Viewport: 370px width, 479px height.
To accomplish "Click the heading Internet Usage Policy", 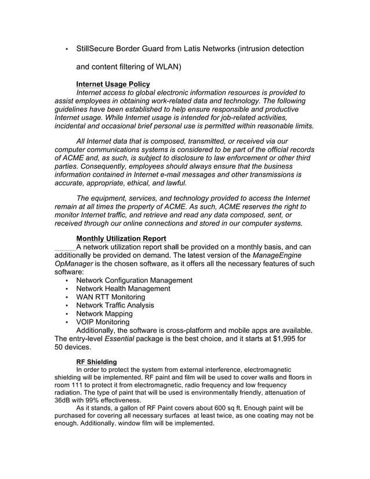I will coord(113,84).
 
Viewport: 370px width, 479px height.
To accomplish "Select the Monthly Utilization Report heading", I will coord(121,238).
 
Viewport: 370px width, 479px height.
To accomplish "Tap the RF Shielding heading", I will coord(96,362).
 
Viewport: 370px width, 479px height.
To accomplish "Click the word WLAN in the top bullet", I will coord(164,67).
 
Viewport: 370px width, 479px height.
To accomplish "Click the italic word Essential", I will coord(119,339).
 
